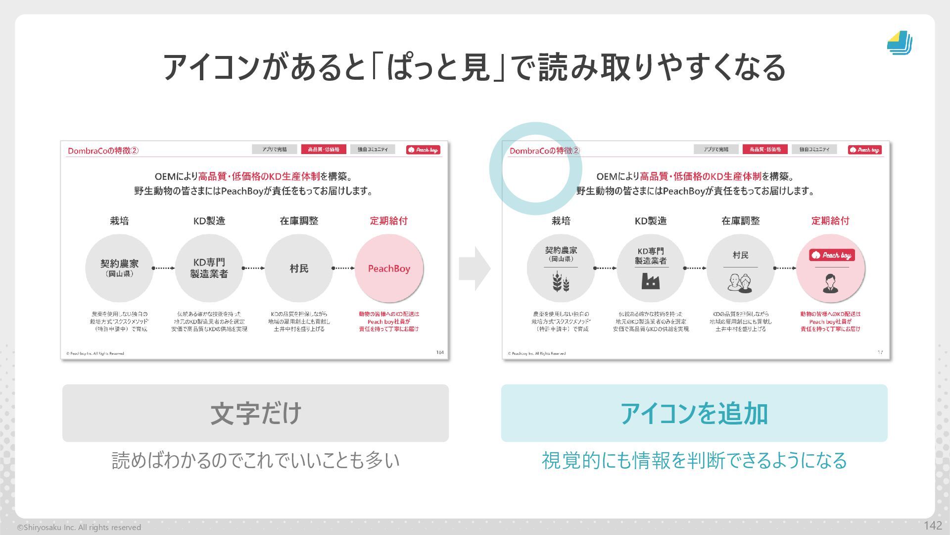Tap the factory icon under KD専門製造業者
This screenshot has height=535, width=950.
pos(651,281)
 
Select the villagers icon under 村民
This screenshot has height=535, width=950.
pos(740,282)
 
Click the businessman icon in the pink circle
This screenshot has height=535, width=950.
pos(830,283)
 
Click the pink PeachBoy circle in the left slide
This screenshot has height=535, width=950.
pos(389,268)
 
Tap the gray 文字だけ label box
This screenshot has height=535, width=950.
pos(255,413)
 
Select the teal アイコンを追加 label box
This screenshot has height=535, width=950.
pos(694,413)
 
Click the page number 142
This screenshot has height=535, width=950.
pos(932,526)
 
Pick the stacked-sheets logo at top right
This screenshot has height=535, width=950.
pos(900,43)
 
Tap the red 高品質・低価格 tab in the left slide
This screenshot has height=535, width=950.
pos(323,149)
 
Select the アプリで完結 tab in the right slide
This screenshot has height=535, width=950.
pos(716,149)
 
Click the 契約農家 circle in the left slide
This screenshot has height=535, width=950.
pos(119,268)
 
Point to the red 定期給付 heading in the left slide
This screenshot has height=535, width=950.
pos(388,221)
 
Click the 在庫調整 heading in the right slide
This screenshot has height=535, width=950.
pos(740,221)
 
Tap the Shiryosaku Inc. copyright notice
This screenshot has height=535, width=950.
pos(79,528)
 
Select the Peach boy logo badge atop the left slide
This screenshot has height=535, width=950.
pos(423,150)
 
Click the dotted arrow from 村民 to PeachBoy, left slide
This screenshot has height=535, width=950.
pos(343,268)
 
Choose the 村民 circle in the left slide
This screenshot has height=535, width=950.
pos(299,268)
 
